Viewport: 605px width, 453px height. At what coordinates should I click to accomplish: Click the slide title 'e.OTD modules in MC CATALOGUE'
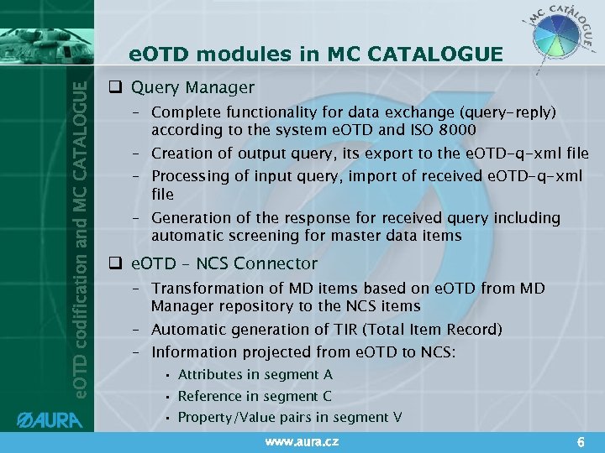click(316, 55)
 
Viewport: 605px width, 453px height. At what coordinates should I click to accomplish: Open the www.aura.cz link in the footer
click(302, 441)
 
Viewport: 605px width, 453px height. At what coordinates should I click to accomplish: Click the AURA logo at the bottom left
click(52, 417)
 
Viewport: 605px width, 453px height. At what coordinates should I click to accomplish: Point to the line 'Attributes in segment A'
click(255, 374)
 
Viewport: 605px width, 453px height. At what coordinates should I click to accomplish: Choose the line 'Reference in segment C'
click(255, 396)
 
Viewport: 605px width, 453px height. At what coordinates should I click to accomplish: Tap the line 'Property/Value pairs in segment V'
click(283, 417)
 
